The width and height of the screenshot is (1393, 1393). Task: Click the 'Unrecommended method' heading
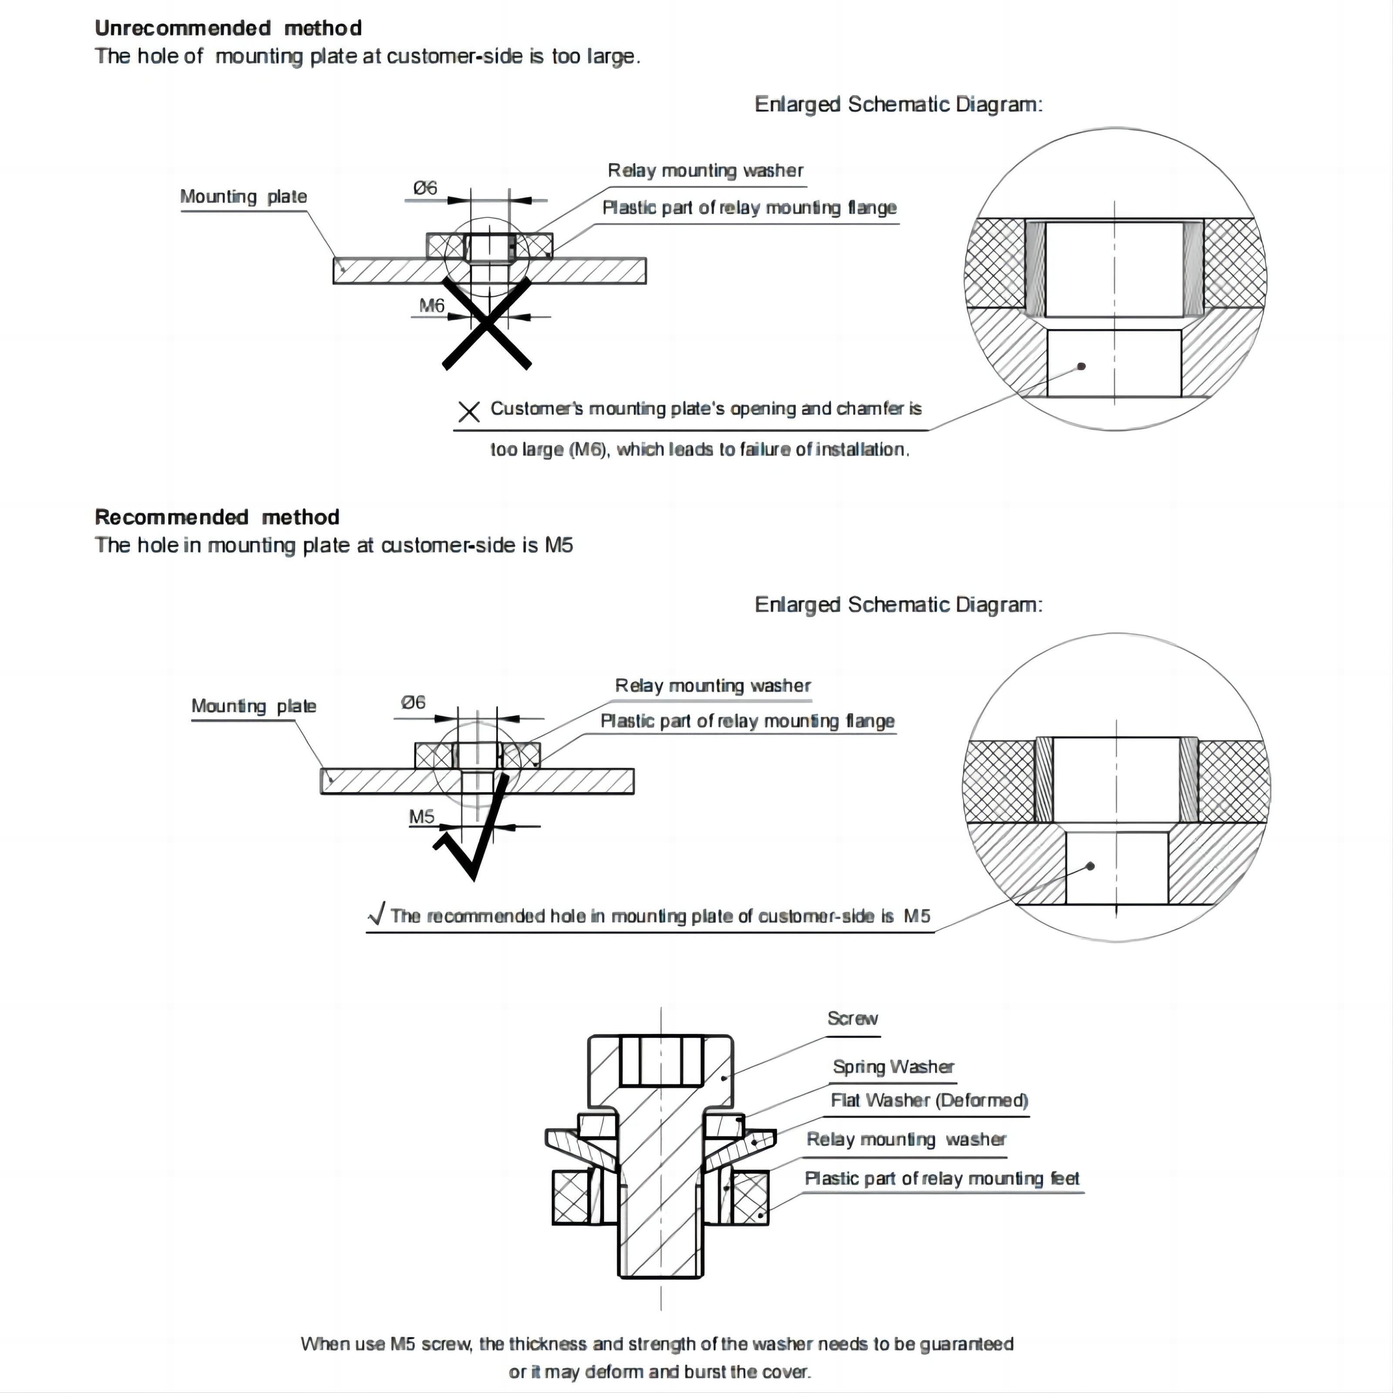(228, 28)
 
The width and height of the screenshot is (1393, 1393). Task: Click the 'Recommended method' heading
(217, 517)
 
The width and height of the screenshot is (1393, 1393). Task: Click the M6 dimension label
(432, 306)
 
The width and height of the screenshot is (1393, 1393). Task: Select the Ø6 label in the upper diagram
(425, 188)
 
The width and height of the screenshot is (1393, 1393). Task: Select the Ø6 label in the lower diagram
(413, 702)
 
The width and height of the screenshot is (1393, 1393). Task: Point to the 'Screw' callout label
(852, 1019)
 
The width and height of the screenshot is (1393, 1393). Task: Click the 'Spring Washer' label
(893, 1067)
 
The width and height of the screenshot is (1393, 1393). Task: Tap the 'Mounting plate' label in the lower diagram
(253, 706)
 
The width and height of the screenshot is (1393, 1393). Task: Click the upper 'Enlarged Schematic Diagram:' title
(898, 104)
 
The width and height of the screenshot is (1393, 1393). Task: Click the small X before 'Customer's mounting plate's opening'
(469, 412)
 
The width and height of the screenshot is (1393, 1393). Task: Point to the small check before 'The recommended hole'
(377, 914)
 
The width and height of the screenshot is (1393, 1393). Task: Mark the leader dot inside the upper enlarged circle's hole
(1081, 366)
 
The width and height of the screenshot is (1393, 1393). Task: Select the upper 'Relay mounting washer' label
(705, 171)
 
